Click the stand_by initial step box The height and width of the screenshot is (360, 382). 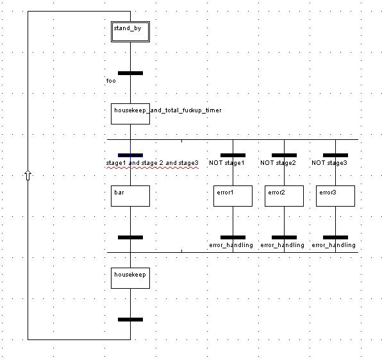coord(130,31)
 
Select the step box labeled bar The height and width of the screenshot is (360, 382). coord(130,196)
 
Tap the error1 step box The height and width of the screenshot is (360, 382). coord(233,196)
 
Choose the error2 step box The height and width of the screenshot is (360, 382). coord(284,196)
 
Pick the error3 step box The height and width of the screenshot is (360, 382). coord(335,196)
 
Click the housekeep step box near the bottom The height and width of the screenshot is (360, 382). coord(130,278)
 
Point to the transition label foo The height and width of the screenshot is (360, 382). coord(111,81)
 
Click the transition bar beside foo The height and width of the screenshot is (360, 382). coord(130,73)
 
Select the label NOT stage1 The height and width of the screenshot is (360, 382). coord(226,163)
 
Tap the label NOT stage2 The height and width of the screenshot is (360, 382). coord(278,163)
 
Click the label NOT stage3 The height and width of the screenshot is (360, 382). coord(329,163)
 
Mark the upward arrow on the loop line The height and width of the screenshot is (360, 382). coord(28,175)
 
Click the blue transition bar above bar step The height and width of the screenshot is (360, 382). coord(130,155)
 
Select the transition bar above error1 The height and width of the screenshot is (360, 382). coord(233,155)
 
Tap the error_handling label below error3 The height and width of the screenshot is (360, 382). coord(333,245)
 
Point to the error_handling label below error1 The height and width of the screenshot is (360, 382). coord(231,245)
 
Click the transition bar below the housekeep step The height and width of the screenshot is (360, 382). coord(130,320)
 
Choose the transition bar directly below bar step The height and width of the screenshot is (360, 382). coord(130,237)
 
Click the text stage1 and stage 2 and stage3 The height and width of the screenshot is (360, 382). coord(153,163)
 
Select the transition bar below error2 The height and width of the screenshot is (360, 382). coord(284,237)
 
